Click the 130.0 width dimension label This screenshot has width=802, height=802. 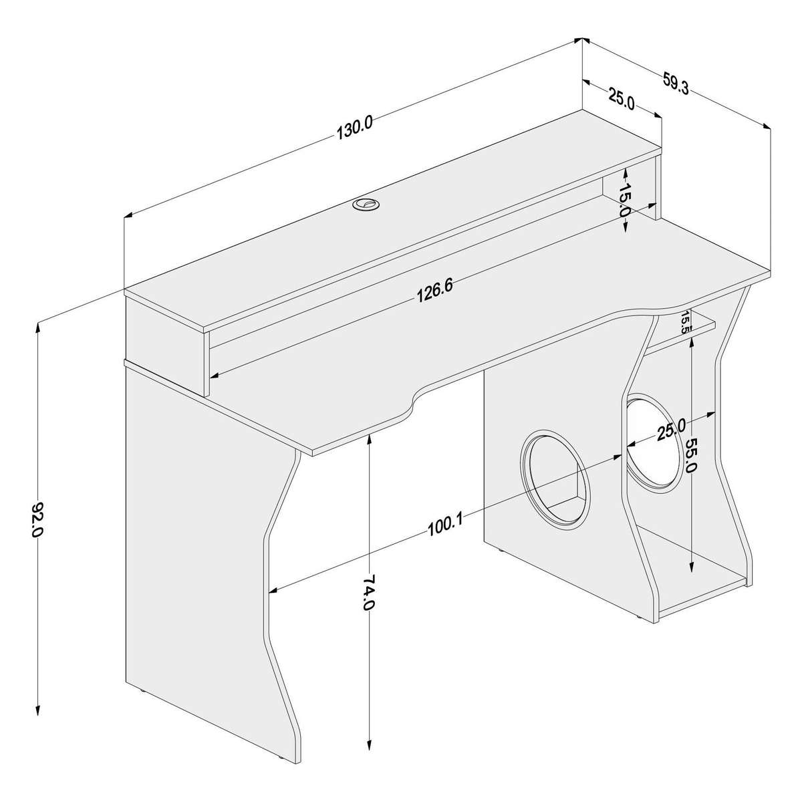point(355,129)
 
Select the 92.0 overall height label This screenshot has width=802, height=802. point(37,519)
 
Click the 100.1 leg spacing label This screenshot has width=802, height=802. point(445,525)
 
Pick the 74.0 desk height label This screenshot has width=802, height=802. point(368,591)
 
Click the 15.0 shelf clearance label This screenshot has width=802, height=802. point(625,199)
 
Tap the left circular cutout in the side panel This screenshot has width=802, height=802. point(556,479)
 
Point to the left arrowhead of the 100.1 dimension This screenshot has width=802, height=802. point(274,589)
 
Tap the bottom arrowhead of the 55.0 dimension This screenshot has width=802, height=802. point(691,570)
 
